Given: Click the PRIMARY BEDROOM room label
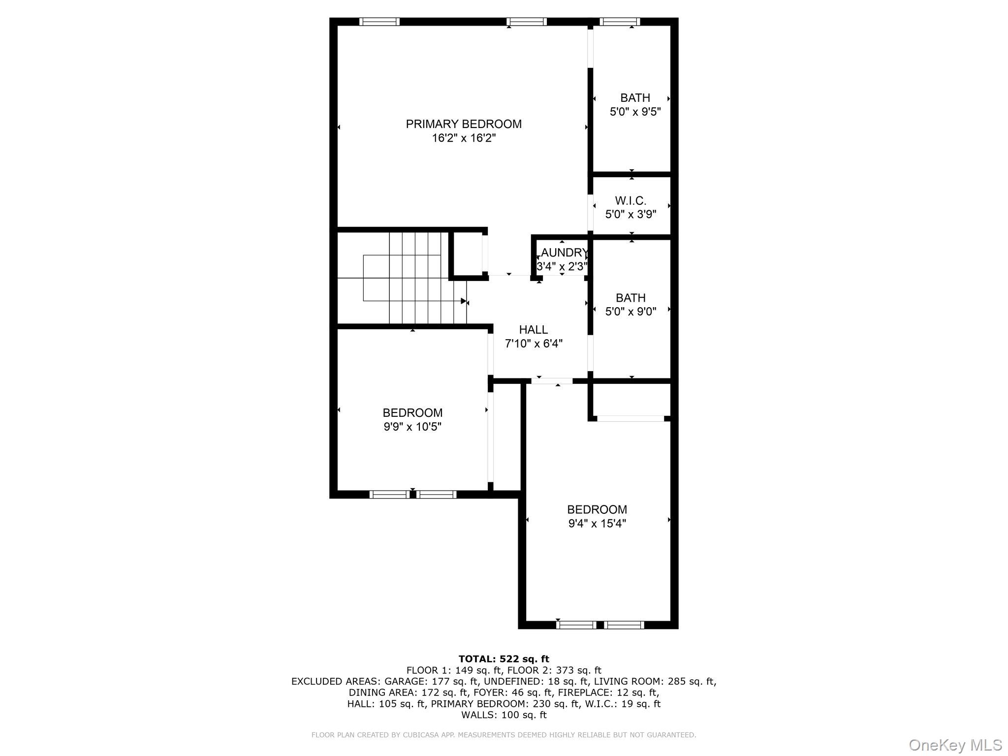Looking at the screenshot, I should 463,124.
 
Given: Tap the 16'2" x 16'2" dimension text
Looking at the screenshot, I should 464,138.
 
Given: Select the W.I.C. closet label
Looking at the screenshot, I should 630,201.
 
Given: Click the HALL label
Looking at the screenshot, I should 533,330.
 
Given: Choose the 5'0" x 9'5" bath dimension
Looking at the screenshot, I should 635,112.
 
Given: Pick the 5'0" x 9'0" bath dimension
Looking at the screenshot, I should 630,312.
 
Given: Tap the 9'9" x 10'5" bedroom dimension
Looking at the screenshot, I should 412,427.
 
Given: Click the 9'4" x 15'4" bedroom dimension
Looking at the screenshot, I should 597,524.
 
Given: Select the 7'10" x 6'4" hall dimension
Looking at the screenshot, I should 534,344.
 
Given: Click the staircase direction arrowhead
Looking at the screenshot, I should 463,301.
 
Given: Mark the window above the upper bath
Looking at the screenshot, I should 620,22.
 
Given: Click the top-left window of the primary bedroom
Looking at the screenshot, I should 379,22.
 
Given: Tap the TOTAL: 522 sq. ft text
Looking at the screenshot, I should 504,659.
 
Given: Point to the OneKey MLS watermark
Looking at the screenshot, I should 955,745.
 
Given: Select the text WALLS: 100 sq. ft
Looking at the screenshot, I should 504,715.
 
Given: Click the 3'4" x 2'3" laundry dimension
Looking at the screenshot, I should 562,267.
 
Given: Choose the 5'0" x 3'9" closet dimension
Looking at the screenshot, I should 630,215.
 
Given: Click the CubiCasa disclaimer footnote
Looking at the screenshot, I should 504,735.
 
